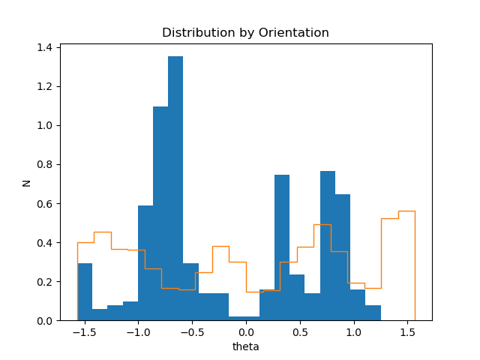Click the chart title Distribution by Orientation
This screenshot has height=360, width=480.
pos(245,33)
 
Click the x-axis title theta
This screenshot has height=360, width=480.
pos(245,346)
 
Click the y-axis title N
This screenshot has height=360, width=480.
pos(27,182)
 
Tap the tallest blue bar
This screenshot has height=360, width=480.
pos(175,187)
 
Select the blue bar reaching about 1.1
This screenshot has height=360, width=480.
pos(160,214)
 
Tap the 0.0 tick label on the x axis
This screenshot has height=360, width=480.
pos(245,331)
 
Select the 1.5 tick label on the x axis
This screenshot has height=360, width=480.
pos(407,331)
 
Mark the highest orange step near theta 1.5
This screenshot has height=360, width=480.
pos(406,211)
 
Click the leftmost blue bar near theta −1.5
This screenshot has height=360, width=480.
pos(85,292)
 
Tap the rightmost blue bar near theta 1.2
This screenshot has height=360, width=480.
pos(373,313)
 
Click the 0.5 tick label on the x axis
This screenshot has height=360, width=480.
pos(299,331)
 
